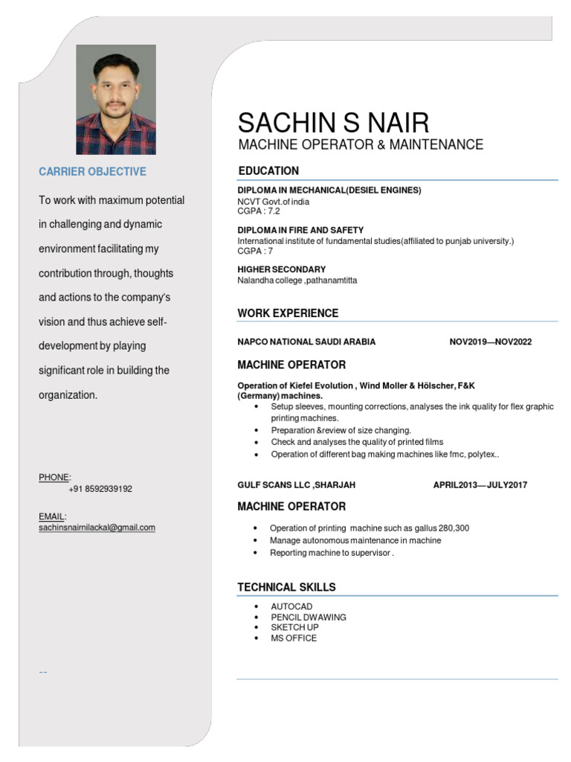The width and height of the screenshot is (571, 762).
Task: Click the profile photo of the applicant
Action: [x=116, y=100]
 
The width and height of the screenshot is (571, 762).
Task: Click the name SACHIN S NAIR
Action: [x=333, y=122]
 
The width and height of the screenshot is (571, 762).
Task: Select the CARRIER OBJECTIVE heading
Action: [x=92, y=172]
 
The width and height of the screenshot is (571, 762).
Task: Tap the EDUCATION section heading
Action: [x=268, y=171]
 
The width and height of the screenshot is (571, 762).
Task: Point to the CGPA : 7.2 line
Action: [x=259, y=211]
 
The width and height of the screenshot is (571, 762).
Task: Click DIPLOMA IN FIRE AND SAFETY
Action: [x=300, y=231]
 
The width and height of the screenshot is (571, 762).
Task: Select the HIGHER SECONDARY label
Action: [x=281, y=269]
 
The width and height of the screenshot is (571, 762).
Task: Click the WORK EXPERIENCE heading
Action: [x=288, y=313]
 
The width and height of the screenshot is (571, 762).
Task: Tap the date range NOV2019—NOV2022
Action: [x=491, y=342]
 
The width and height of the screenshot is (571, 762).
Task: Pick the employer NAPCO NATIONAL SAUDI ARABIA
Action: [x=306, y=342]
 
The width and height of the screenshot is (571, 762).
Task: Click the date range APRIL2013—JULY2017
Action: [x=480, y=485]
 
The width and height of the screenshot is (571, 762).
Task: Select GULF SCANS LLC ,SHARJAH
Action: [x=296, y=485]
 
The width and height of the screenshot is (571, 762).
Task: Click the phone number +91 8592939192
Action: [x=100, y=489]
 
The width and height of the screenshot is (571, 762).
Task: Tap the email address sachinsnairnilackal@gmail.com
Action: [x=97, y=528]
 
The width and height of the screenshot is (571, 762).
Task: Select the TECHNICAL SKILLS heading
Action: [x=286, y=587]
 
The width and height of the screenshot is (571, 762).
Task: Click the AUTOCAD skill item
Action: [x=291, y=607]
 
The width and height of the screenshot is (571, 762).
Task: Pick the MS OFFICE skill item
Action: [x=294, y=638]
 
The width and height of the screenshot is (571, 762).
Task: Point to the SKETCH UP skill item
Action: [x=294, y=628]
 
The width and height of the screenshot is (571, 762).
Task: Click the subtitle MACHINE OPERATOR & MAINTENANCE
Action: [x=361, y=144]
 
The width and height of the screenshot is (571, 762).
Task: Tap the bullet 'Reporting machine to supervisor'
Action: [x=332, y=553]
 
